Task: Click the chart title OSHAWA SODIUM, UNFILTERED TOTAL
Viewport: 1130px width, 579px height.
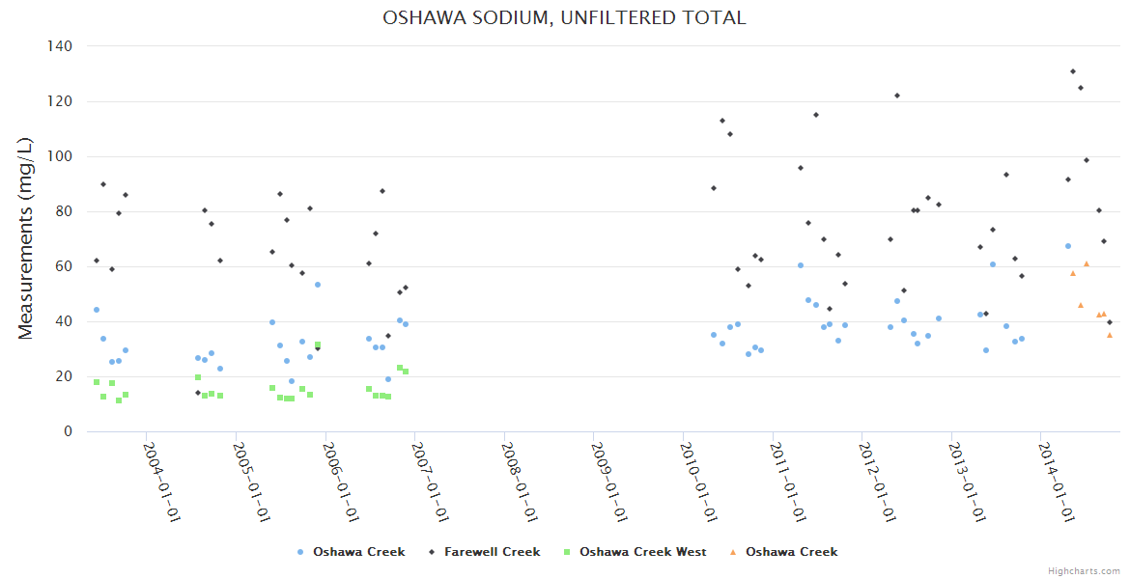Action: pyautogui.click(x=564, y=17)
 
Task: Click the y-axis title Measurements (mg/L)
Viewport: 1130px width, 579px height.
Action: pyautogui.click(x=26, y=237)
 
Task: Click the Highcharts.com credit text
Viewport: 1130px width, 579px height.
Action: pyautogui.click(x=1084, y=571)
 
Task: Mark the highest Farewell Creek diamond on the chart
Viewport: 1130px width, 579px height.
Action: pyautogui.click(x=1073, y=71)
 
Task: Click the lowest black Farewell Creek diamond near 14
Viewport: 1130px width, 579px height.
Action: pyautogui.click(x=198, y=393)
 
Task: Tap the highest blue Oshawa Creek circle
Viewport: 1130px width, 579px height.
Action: pyautogui.click(x=1068, y=246)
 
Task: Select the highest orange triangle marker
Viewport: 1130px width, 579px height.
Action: pyautogui.click(x=1087, y=263)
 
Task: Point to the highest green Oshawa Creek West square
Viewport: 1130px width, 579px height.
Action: pyautogui.click(x=317, y=345)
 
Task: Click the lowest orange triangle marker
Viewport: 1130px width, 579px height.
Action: pyautogui.click(x=1110, y=335)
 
